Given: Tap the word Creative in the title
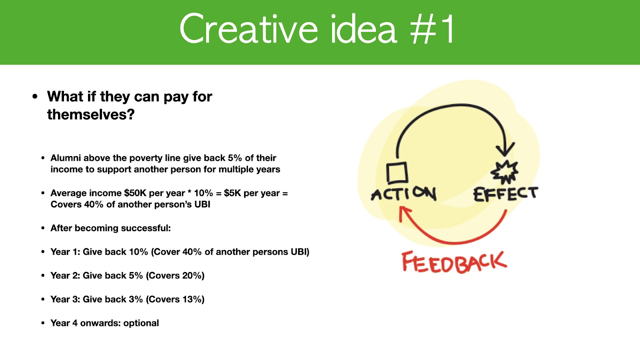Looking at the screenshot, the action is (x=248, y=28).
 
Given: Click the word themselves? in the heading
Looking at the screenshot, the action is (x=91, y=114).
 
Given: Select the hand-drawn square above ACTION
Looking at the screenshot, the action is (x=397, y=172).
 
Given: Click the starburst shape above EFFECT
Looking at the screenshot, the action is (x=504, y=172).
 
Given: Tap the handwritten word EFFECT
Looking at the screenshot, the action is (x=506, y=194).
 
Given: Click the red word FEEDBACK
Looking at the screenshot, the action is (x=454, y=262).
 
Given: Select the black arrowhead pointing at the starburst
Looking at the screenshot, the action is (x=505, y=149).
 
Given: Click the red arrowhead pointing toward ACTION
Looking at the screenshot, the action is (x=404, y=213).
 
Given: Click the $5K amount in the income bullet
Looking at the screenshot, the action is (x=232, y=193).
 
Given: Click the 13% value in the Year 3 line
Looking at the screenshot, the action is (x=192, y=299).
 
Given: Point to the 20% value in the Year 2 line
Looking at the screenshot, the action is (x=192, y=276).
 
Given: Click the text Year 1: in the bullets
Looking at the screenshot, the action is (x=66, y=252).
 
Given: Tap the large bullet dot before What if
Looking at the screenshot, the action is (x=35, y=96).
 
